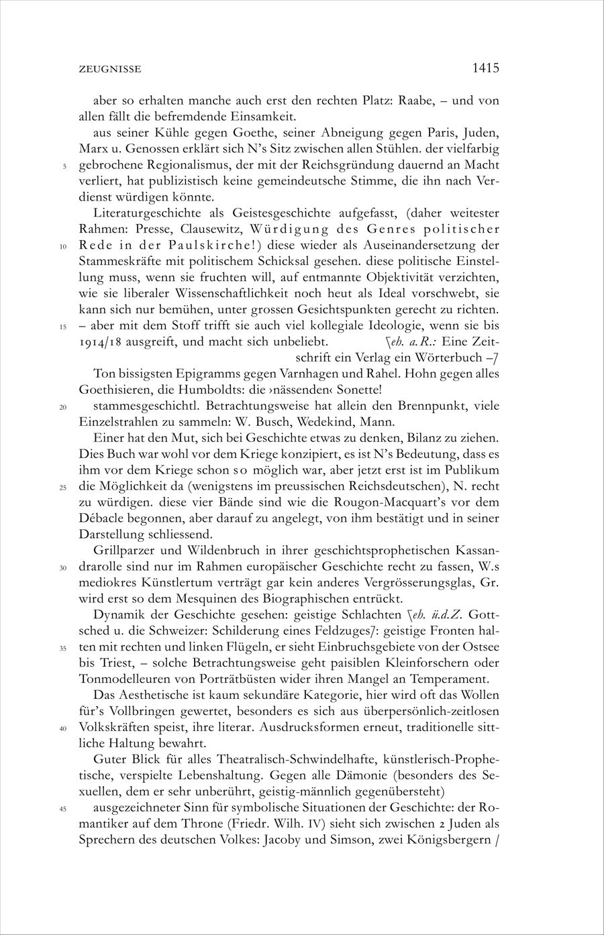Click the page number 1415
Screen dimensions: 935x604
click(x=485, y=68)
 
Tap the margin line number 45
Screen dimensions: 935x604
click(x=62, y=810)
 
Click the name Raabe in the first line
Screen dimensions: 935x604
click(x=418, y=101)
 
